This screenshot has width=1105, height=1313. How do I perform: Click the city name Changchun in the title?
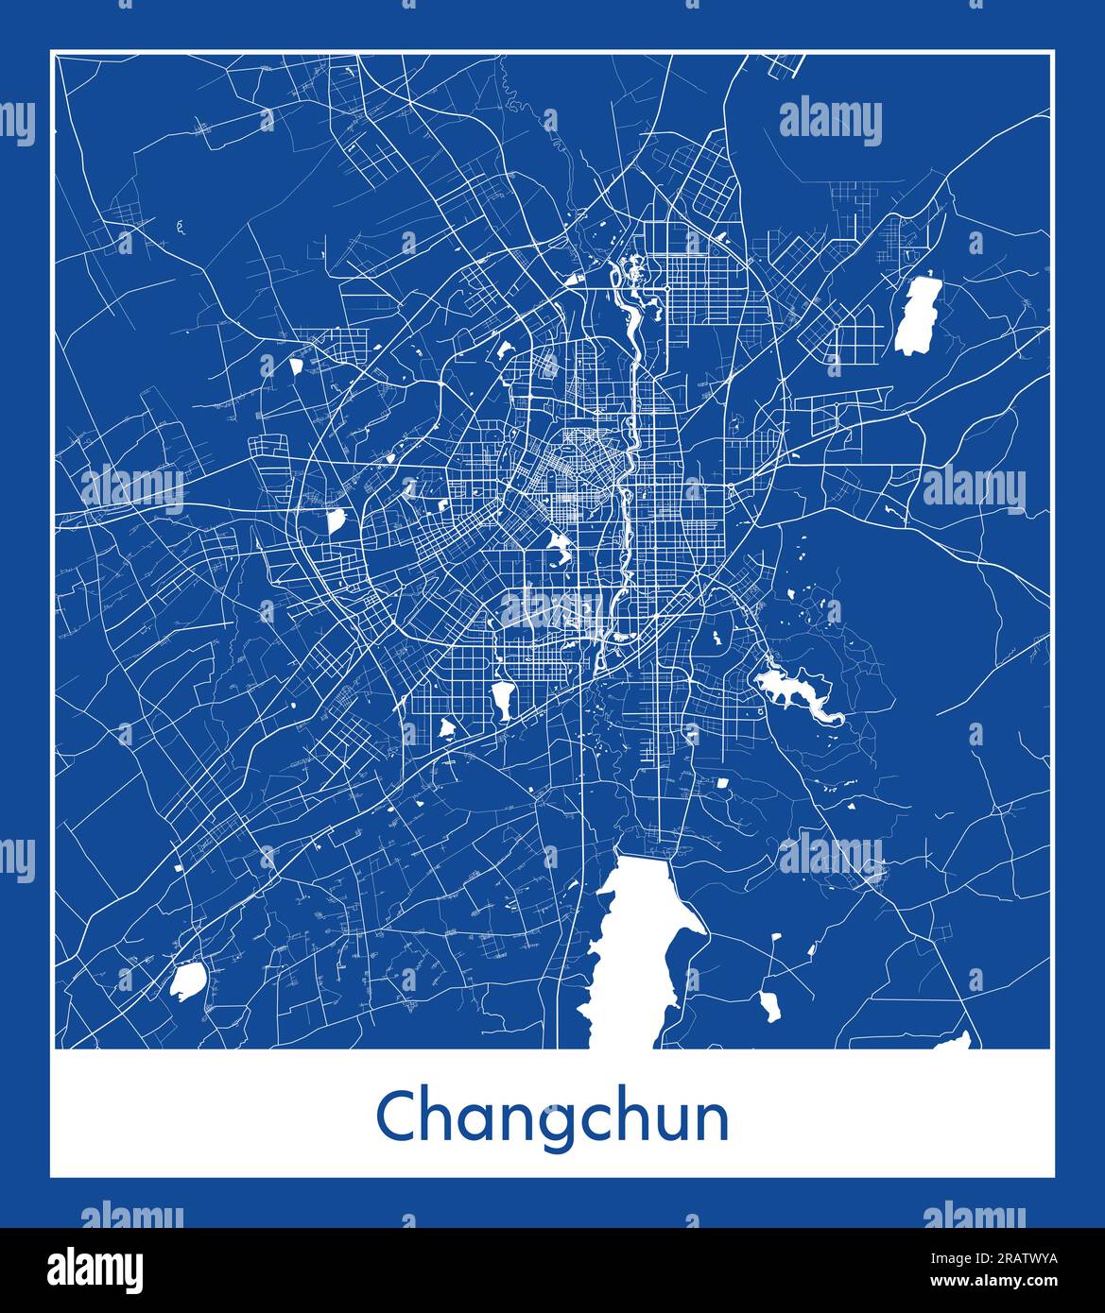click(552, 1117)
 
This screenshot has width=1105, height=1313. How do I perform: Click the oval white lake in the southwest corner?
click(187, 980)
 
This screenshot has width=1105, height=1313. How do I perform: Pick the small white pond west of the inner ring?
click(336, 520)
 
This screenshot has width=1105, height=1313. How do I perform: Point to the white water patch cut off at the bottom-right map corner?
click(955, 1042)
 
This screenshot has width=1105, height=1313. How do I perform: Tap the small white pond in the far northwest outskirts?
click(296, 364)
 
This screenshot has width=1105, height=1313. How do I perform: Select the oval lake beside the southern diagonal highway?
click(501, 699)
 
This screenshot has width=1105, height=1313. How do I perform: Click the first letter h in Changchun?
click(436, 1116)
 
